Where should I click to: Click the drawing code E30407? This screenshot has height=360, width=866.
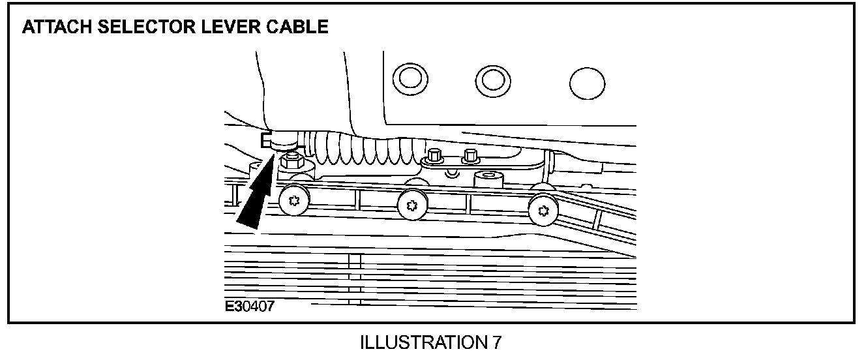(x=250, y=306)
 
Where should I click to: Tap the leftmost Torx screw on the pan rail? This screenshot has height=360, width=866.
(x=294, y=202)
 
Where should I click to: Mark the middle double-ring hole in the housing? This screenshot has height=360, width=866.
(x=492, y=80)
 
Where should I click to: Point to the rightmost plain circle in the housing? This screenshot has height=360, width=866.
(x=586, y=83)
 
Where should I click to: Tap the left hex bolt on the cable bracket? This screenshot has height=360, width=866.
(x=433, y=157)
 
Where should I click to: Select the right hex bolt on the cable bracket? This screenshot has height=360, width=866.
(x=468, y=156)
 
